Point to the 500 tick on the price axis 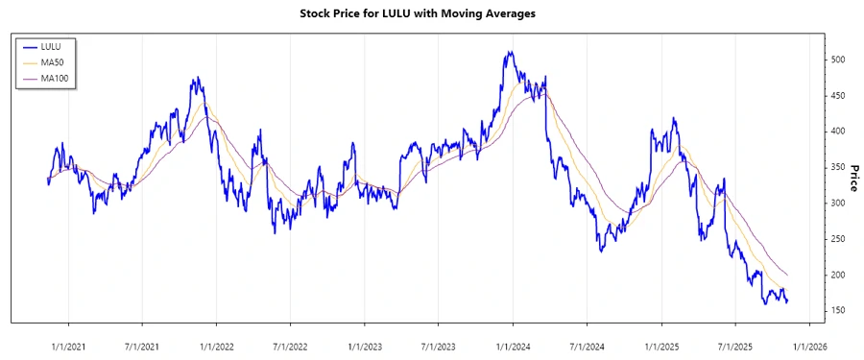838,60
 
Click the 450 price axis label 838,96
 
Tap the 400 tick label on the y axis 838,132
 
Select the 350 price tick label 838,167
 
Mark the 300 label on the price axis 838,204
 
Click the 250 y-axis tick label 838,239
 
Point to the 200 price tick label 838,276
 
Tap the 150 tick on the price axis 838,311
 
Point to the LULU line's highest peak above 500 510,52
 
